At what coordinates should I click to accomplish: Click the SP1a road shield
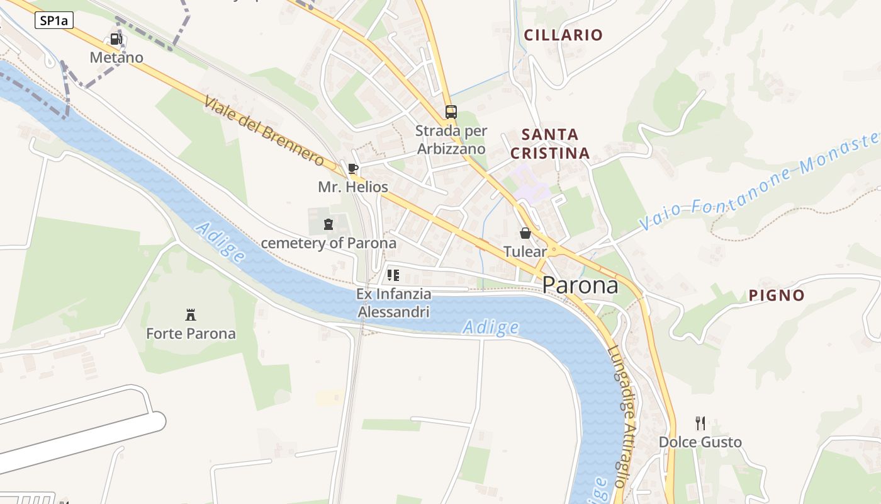click(54, 20)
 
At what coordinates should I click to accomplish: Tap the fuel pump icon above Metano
click(116, 39)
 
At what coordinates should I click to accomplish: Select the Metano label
click(116, 57)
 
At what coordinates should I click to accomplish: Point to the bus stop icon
click(451, 112)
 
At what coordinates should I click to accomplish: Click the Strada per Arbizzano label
click(451, 140)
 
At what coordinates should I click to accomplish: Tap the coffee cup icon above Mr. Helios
click(352, 168)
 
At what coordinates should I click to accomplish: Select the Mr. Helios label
click(352, 187)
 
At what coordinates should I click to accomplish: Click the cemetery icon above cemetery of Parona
click(328, 224)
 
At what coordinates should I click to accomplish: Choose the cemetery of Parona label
click(328, 243)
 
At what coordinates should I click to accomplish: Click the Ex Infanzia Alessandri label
click(394, 303)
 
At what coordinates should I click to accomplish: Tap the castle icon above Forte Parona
click(190, 314)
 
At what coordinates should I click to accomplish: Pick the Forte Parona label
click(191, 333)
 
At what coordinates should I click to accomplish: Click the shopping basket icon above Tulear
click(525, 233)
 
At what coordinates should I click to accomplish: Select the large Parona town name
click(580, 285)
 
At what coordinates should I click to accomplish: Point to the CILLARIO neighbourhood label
click(563, 35)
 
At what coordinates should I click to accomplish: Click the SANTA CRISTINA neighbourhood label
click(550, 144)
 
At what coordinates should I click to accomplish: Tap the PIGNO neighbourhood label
click(777, 295)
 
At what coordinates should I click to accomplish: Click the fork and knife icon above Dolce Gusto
click(700, 423)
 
